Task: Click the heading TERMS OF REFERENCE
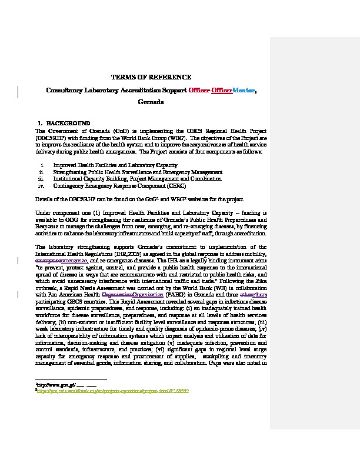pos(151,77)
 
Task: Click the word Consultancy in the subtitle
pos(67,90)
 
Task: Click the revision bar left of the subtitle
pos(18,90)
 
